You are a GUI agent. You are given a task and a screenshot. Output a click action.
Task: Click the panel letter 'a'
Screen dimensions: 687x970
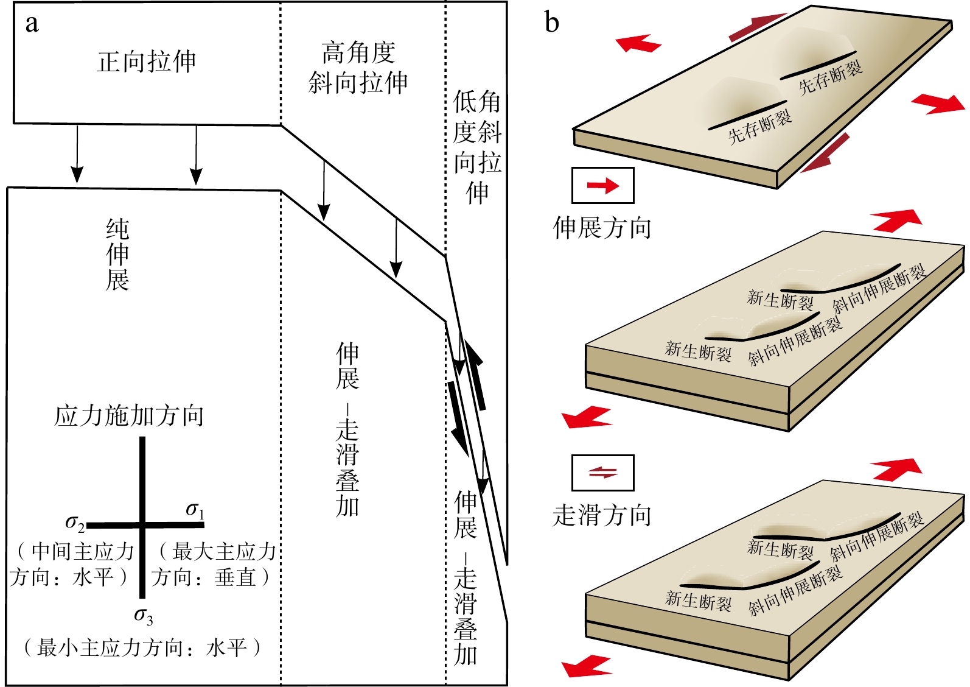coord(32,24)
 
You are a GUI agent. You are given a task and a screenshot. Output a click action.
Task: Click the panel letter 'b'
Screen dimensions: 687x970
coord(551,23)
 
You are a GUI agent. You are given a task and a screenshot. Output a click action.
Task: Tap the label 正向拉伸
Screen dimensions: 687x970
coord(146,62)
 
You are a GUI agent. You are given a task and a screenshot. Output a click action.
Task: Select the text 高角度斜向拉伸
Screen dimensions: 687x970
coord(358,68)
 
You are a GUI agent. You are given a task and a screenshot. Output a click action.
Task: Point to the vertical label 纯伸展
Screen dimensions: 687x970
coord(117,255)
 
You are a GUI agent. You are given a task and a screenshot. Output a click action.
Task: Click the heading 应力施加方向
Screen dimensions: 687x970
coord(129,416)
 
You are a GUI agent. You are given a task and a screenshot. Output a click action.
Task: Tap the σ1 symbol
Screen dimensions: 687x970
coord(195,510)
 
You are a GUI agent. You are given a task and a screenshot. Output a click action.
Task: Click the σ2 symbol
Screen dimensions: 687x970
coord(75,523)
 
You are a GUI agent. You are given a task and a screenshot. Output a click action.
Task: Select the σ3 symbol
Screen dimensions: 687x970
coord(144,616)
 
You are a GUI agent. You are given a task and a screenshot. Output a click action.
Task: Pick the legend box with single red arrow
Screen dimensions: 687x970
coord(602,185)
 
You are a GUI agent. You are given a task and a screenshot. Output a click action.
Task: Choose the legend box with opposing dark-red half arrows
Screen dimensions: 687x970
coord(602,473)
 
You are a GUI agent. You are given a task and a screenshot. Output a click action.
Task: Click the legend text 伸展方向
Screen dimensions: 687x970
coord(602,228)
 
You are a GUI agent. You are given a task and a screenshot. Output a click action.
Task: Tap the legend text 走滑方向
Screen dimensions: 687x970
coord(602,515)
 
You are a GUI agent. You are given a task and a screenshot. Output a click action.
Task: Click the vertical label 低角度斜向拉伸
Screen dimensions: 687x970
coord(477,147)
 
